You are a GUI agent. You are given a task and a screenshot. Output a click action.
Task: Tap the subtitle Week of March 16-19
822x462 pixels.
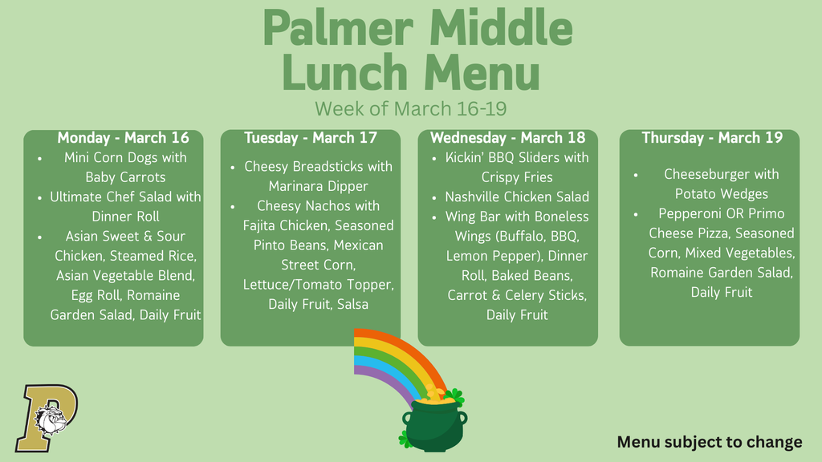[410, 107]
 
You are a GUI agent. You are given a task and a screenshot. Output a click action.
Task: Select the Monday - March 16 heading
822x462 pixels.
[123, 138]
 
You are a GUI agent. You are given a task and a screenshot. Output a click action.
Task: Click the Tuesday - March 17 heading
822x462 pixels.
[310, 138]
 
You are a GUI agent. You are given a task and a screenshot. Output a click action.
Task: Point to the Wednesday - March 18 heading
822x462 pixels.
[507, 138]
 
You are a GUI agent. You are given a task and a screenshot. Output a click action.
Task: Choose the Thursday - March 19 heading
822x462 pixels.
[712, 138]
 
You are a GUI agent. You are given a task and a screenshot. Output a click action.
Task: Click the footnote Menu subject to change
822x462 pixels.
[710, 442]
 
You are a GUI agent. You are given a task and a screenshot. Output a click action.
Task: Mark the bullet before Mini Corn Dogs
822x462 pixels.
[39, 158]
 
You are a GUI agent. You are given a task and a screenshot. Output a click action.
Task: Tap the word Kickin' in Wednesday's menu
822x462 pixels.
[468, 157]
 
